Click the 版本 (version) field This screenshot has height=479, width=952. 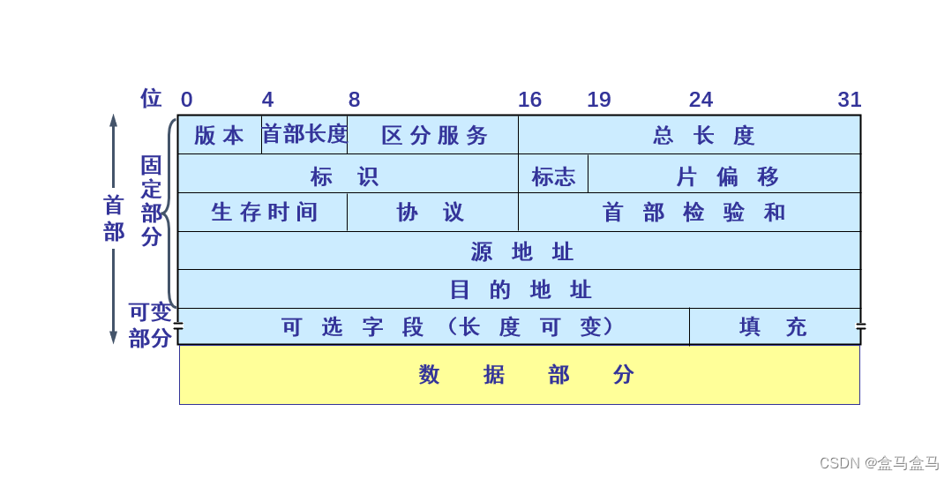(219, 135)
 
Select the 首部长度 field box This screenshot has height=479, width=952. (304, 134)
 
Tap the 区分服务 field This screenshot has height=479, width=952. (433, 135)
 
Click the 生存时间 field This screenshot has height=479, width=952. (263, 213)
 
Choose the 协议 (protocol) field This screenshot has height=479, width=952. (432, 213)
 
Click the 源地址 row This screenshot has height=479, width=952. (519, 251)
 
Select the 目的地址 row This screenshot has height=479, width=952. (519, 289)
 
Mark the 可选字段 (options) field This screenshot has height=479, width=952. (433, 326)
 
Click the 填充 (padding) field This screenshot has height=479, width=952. (774, 326)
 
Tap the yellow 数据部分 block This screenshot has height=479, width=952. (519, 374)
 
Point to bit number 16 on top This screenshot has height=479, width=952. (529, 100)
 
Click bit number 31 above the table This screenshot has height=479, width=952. (849, 100)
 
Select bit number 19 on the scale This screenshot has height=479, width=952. (599, 100)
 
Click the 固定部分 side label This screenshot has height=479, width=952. (152, 200)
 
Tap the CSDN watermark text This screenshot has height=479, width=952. (879, 463)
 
